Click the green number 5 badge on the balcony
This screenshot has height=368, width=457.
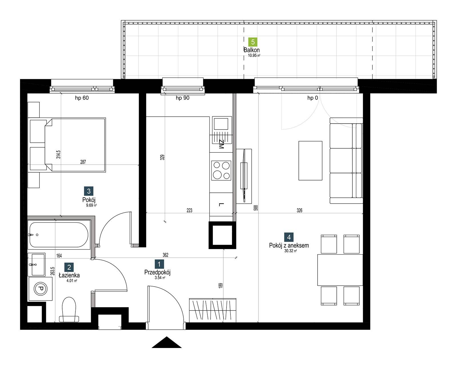coord(253,42)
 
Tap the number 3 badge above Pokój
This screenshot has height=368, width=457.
coord(89,191)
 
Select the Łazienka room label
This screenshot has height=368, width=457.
coord(69,275)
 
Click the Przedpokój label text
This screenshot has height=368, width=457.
coord(157,272)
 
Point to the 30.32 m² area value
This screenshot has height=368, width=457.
coord(290,251)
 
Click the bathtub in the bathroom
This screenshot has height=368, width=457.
coord(59,235)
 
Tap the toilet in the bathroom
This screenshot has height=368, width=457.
coord(69,310)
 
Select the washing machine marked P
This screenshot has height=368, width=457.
coord(41,289)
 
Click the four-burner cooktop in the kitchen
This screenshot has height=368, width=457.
coord(221,170)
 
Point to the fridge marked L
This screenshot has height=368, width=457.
coord(221,204)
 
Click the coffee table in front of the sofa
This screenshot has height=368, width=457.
coord(310,161)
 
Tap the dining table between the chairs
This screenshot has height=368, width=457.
coord(340,270)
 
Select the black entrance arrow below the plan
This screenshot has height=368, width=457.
coord(167,342)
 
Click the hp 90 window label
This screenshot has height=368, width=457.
coord(183,98)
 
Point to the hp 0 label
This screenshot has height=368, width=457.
coord(312,98)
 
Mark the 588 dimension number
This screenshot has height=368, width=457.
coord(256,208)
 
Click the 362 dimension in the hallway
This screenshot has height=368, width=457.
coord(165,255)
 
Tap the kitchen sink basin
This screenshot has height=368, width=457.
coord(221,124)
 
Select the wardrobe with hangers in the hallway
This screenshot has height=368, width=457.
coord(213,311)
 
